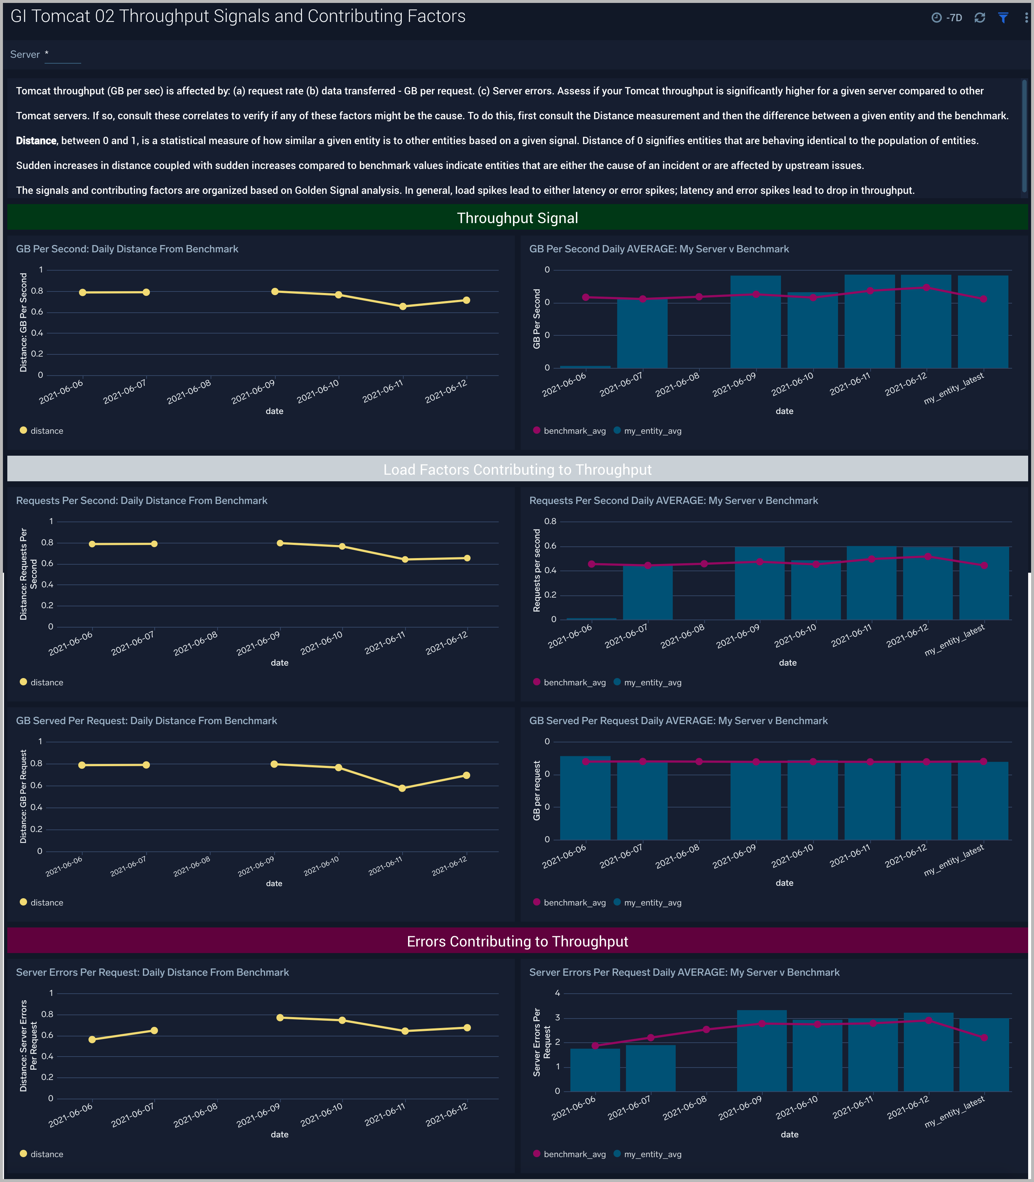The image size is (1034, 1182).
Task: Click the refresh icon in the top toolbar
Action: (980, 18)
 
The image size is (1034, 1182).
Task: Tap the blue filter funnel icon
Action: (1003, 18)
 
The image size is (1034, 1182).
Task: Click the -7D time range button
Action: (947, 18)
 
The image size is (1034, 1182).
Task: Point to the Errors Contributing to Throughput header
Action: (517, 941)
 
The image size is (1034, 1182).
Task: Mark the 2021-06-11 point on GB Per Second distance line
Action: (403, 306)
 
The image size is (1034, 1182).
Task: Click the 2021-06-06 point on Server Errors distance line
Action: (92, 1039)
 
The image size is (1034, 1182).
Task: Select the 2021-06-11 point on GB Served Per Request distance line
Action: (402, 788)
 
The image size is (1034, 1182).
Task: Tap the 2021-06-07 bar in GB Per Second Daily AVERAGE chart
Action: (642, 334)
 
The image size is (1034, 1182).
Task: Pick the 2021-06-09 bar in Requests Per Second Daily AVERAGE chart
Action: (759, 583)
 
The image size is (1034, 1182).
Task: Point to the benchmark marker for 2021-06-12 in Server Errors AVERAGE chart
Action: (928, 1020)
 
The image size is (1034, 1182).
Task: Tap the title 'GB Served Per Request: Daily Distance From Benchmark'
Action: (147, 721)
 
